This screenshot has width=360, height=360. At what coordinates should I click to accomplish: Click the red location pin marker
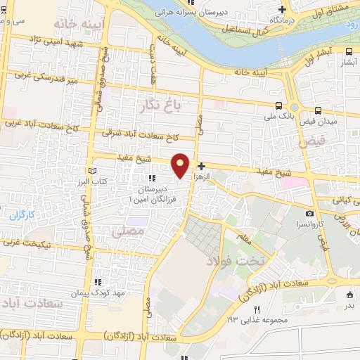pos(181,165)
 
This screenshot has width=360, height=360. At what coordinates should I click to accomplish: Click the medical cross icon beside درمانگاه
pos(283,10)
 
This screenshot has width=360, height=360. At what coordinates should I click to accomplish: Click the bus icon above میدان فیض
pos(319,110)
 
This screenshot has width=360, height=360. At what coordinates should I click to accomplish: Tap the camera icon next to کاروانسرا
pos(309,213)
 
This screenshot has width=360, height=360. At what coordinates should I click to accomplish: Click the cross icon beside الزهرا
pos(202,167)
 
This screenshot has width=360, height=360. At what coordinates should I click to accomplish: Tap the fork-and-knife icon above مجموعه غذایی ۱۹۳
pos(257,309)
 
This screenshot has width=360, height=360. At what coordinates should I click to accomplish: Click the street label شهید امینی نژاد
pos(53,44)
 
